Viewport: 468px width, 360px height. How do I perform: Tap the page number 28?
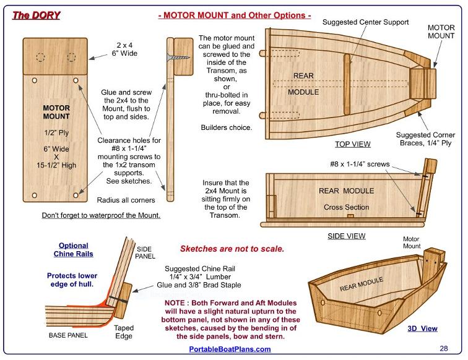tap(444, 348)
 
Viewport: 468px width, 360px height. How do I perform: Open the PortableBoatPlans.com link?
tap(230, 349)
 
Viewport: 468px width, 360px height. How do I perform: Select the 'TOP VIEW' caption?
tap(352, 144)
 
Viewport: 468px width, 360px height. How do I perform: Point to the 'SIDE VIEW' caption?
tap(346, 236)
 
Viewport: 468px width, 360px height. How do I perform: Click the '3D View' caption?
tap(422, 328)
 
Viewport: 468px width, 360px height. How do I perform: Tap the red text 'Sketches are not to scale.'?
tap(232, 249)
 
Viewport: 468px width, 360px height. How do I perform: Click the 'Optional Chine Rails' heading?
tap(74, 250)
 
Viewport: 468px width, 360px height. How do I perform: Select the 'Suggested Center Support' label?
tap(366, 22)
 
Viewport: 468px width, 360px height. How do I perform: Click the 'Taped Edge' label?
tap(124, 333)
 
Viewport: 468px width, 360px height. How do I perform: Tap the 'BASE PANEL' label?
tap(68, 335)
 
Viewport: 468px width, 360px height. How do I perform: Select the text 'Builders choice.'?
tap(227, 127)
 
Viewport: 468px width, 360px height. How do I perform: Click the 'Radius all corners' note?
tap(126, 200)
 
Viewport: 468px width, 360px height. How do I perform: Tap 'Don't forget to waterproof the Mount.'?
tap(101, 216)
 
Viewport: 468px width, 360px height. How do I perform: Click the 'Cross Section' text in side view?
tap(346, 207)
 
